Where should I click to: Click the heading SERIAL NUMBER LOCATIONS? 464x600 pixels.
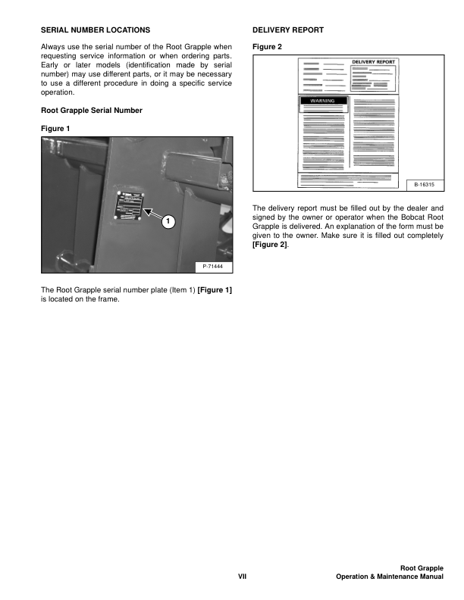(x=95, y=30)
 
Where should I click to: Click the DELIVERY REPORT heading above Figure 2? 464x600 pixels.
(x=287, y=30)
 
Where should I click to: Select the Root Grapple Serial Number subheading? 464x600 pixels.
(x=91, y=111)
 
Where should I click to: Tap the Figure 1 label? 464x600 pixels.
(x=55, y=128)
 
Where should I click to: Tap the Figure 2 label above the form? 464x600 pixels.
(x=267, y=47)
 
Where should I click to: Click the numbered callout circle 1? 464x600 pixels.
(x=168, y=221)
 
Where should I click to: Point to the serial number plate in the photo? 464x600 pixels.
(x=128, y=205)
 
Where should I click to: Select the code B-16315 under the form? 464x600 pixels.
(x=425, y=184)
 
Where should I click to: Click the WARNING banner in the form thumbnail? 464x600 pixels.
(x=324, y=100)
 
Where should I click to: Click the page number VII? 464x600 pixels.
(x=243, y=577)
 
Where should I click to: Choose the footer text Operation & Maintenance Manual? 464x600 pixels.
(x=390, y=577)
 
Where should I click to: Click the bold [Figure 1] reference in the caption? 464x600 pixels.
(x=215, y=289)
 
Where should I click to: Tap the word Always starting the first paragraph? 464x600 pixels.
(x=52, y=47)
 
